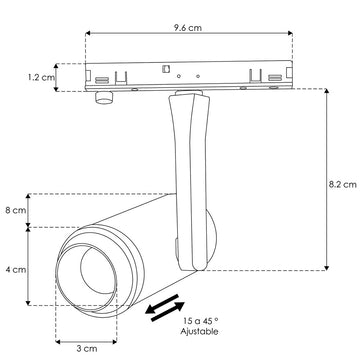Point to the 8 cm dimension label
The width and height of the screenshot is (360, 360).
point(15,210)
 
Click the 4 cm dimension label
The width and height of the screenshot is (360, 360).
point(15,269)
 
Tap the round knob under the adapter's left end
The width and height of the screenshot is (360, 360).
point(102,96)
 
